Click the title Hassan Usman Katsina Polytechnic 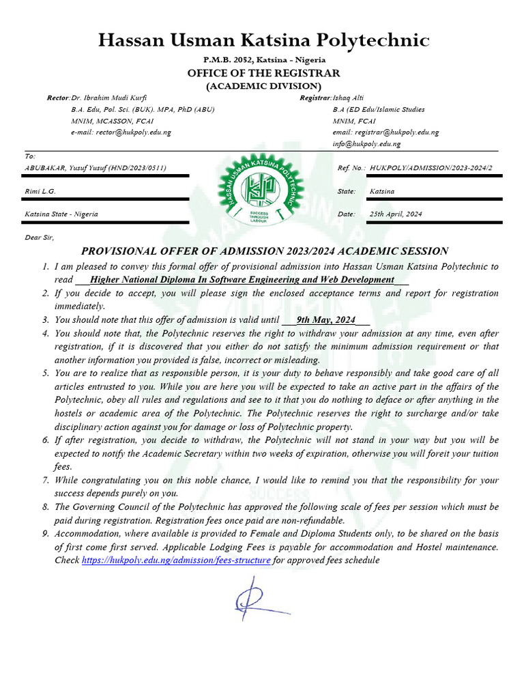pos(263,40)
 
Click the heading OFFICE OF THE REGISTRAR pos(263,73)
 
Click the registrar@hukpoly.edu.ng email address pos(385,132)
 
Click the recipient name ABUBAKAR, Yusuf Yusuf pos(95,168)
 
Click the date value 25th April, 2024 pos(396,214)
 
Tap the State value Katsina pos(382,192)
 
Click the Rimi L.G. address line pos(40,192)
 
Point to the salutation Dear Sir pos(38,238)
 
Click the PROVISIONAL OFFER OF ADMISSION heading pos(265,251)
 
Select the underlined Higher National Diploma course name pos(242,280)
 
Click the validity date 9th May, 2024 pos(326,319)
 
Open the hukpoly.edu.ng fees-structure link pos(176,560)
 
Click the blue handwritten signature pos(256,598)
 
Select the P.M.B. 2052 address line pos(263,60)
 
